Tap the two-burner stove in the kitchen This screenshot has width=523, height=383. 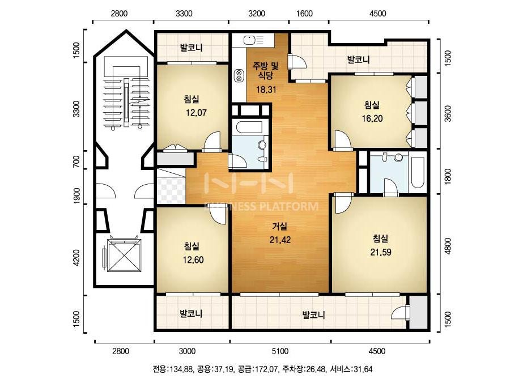(239, 75)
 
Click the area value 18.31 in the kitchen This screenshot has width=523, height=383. (266, 90)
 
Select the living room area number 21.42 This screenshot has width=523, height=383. (280, 240)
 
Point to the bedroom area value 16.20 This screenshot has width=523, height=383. (372, 118)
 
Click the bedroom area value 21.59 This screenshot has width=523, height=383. (381, 252)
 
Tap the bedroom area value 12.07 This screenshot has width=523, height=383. (196, 113)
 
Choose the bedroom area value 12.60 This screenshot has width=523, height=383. (193, 259)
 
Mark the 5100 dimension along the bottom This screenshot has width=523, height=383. (280, 351)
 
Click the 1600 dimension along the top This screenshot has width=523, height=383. (304, 14)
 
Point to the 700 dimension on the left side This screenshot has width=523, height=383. (76, 161)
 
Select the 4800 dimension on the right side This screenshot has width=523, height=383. (448, 246)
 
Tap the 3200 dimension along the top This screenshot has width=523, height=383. (257, 14)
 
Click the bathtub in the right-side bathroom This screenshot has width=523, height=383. (417, 172)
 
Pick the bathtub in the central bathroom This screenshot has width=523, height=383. (249, 127)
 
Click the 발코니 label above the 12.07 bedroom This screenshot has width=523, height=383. (192, 48)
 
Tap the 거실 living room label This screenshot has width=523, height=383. (280, 227)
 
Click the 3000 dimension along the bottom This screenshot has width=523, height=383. (187, 351)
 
